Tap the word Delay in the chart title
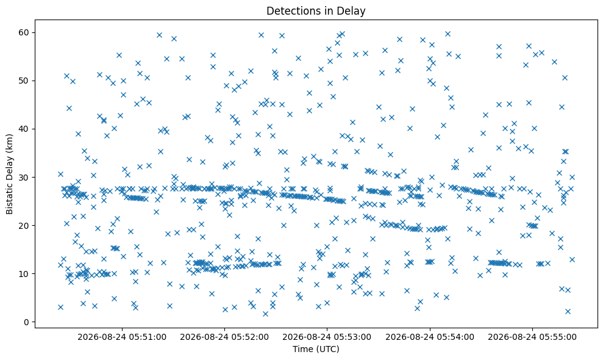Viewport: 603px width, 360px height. click(353, 11)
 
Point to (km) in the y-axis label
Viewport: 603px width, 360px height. click(9, 143)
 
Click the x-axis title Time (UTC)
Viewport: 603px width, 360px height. click(316, 349)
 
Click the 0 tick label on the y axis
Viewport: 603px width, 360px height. click(27, 322)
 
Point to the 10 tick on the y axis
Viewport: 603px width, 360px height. click(24, 274)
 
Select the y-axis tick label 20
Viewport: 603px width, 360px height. click(24, 226)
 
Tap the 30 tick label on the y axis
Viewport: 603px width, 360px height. click(24, 178)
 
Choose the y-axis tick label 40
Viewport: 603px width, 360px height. click(24, 129)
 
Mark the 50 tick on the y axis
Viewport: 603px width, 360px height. click(24, 81)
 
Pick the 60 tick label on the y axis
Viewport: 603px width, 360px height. click(24, 32)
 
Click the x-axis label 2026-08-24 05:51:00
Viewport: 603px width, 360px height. click(122, 337)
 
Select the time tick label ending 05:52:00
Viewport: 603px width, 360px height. click(224, 337)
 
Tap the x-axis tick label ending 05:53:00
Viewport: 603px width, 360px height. click(327, 337)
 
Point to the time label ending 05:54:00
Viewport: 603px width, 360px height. click(430, 337)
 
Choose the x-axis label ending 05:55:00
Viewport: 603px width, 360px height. click(533, 337)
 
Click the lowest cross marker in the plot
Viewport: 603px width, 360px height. click(265, 314)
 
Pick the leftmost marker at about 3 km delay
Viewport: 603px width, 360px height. click(60, 307)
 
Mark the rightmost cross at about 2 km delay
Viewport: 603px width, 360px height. click(568, 311)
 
